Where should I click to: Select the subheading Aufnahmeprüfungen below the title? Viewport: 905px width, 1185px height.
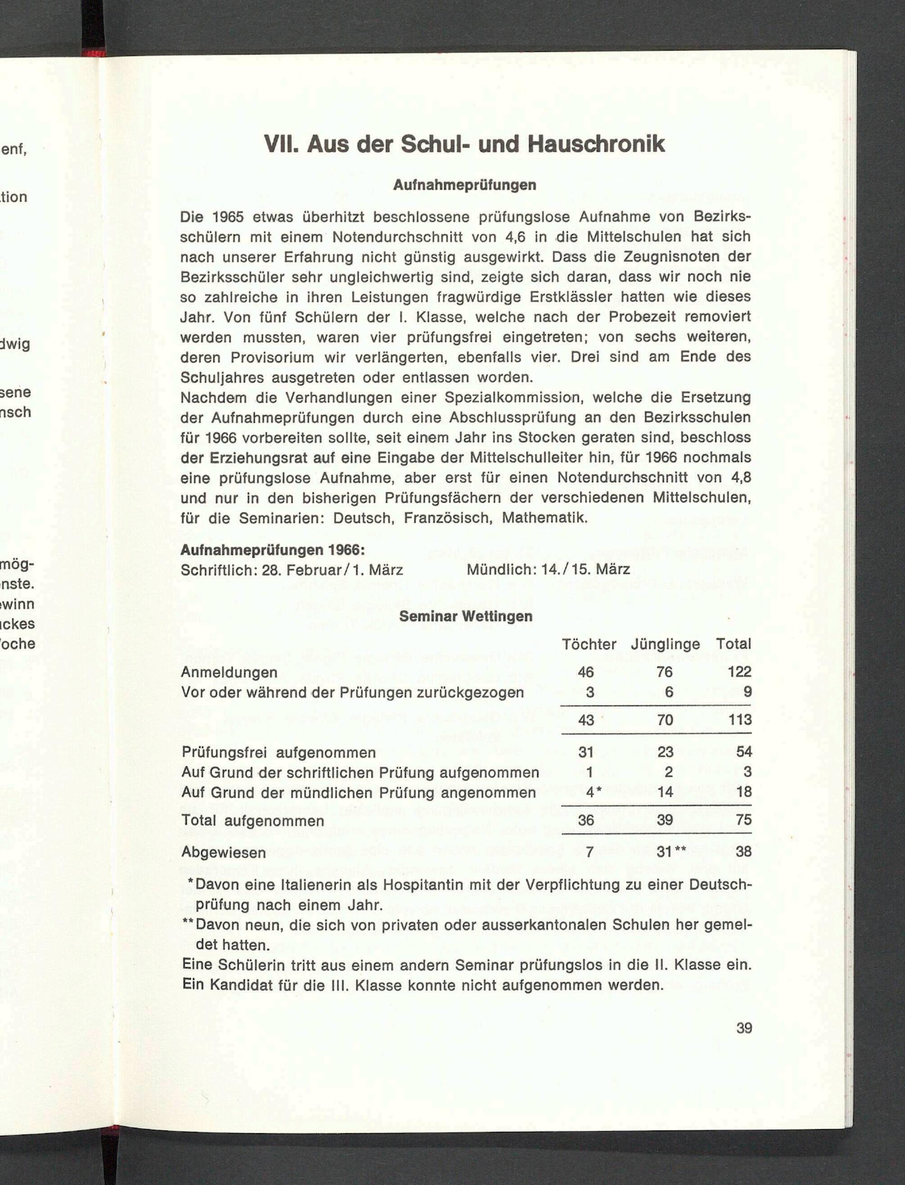(x=464, y=185)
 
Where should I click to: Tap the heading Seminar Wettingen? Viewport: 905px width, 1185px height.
(x=466, y=616)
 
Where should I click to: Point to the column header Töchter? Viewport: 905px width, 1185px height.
(x=589, y=644)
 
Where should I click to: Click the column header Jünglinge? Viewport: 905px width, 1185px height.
(x=665, y=644)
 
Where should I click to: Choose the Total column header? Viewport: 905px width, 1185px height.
(x=733, y=644)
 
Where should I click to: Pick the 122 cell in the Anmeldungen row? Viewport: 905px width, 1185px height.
(x=740, y=672)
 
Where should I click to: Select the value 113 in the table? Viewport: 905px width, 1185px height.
(x=740, y=720)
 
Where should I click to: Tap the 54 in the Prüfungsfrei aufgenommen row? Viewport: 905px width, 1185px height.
(x=744, y=752)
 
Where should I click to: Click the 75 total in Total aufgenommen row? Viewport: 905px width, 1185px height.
(x=744, y=820)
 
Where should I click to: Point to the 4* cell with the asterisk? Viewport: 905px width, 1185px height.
(x=593, y=792)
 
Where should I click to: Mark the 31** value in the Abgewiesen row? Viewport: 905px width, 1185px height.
(x=671, y=852)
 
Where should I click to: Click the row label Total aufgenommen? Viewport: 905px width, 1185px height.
(x=252, y=821)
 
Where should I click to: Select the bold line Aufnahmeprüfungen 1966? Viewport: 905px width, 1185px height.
(x=272, y=550)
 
